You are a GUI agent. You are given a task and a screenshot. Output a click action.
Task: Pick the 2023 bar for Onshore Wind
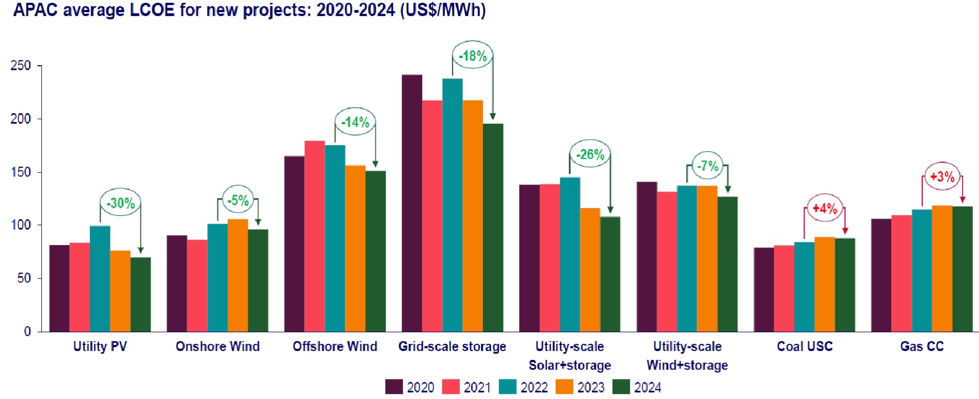(x=238, y=275)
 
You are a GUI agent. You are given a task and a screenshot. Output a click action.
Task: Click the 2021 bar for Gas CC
(x=901, y=273)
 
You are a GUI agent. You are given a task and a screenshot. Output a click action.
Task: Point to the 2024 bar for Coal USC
(x=845, y=285)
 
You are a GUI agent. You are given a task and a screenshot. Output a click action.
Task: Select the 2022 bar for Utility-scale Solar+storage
(x=570, y=254)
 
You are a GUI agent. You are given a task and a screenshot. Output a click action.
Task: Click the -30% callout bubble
(x=120, y=203)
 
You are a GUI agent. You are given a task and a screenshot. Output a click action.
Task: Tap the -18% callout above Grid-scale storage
(x=473, y=56)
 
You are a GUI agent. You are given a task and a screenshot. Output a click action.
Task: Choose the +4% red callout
(x=825, y=209)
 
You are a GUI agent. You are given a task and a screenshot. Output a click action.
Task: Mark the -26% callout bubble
(x=590, y=155)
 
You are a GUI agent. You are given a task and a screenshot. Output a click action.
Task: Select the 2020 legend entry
(x=410, y=387)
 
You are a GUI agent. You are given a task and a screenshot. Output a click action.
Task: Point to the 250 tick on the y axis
(x=21, y=66)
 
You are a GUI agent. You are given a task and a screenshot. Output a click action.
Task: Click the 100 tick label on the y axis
(x=21, y=225)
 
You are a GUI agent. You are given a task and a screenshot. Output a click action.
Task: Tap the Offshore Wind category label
(x=335, y=347)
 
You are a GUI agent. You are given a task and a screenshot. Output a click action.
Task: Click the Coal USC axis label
(x=805, y=347)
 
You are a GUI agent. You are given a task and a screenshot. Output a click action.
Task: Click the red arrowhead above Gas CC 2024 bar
(x=962, y=200)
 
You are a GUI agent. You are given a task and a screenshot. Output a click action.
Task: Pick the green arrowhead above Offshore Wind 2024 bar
(x=375, y=164)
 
